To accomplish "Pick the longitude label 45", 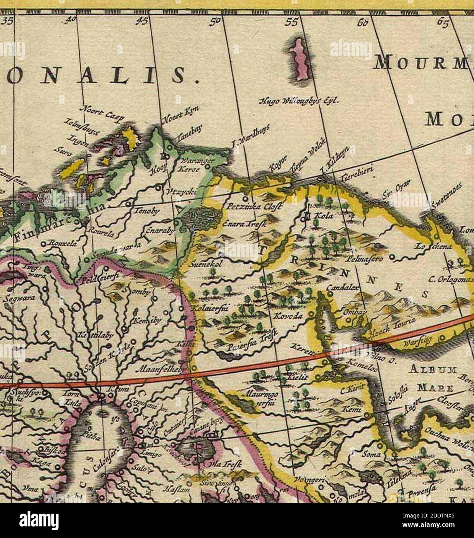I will [x=140, y=22].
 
